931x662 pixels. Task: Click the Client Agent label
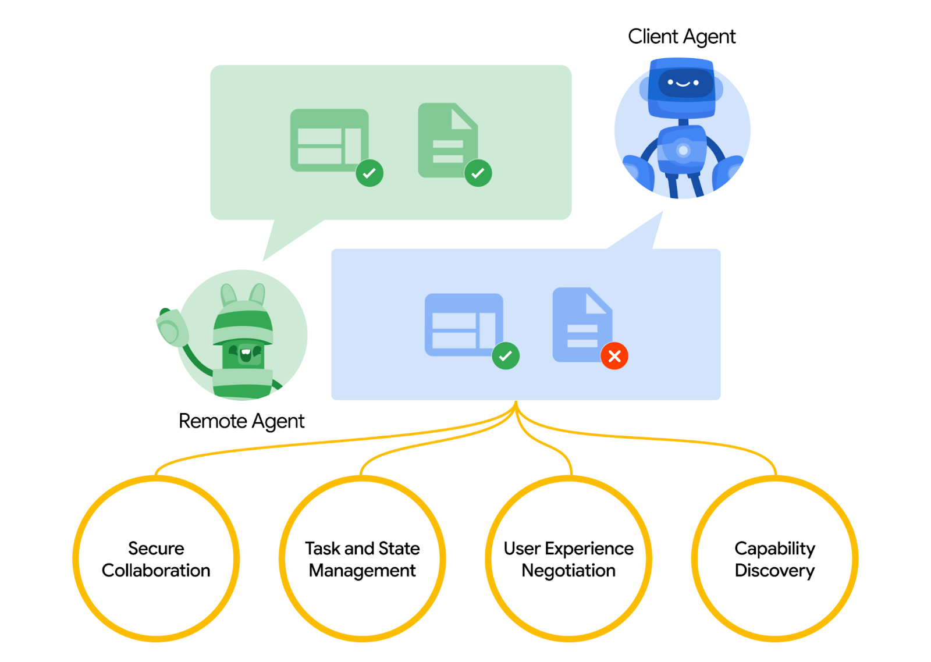(x=681, y=37)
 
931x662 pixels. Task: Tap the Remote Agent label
(x=241, y=421)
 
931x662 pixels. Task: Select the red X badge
(x=614, y=356)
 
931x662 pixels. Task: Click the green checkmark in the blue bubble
(x=505, y=355)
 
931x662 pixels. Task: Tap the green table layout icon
(x=328, y=140)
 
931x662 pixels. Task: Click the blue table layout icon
(x=463, y=324)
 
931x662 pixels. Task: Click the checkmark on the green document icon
(x=478, y=173)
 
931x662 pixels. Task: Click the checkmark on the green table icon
(x=369, y=173)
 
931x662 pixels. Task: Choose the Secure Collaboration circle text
(x=156, y=559)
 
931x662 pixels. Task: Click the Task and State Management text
(x=362, y=559)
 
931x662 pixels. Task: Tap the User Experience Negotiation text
(x=568, y=559)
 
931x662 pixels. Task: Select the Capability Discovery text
(x=774, y=559)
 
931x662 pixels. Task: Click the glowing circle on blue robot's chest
(x=683, y=151)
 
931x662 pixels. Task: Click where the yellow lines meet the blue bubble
(x=516, y=403)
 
